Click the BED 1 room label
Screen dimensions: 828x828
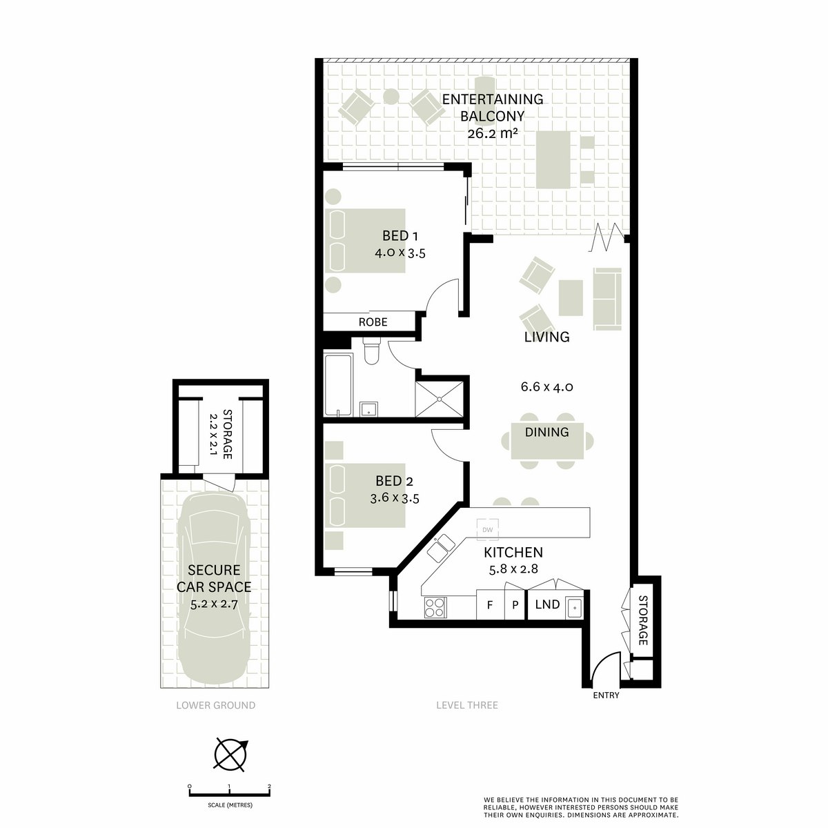[x=400, y=236]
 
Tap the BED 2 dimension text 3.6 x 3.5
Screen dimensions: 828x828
[x=395, y=498]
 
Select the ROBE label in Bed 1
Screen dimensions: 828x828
[x=373, y=322]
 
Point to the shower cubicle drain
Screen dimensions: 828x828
[x=440, y=399]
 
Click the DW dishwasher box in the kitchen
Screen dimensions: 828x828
[x=487, y=529]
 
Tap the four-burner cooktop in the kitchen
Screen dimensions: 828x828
[x=435, y=608]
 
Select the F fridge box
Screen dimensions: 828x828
[x=489, y=604]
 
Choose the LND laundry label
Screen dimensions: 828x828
[x=547, y=604]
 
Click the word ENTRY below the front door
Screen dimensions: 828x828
[x=606, y=696]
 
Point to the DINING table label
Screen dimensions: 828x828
[x=546, y=432]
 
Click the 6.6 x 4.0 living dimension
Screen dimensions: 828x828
[x=546, y=386]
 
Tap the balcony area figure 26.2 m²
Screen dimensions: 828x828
[x=492, y=133]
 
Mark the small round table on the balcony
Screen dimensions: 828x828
[x=391, y=97]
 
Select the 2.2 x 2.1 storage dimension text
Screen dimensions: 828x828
[x=213, y=435]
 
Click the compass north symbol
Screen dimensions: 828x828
[x=231, y=755]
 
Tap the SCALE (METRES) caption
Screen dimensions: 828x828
[x=230, y=805]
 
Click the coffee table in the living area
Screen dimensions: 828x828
[x=571, y=298]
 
